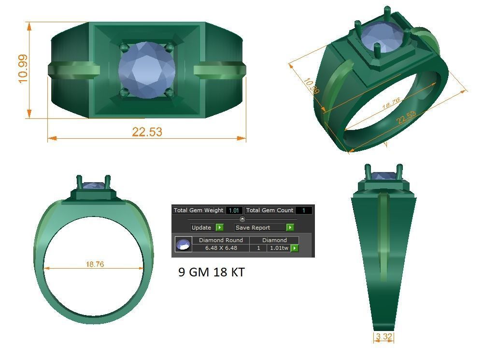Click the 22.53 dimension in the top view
click(147, 131)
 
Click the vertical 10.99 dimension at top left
click(22, 69)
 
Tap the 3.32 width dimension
click(384, 337)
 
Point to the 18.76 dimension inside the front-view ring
click(95, 264)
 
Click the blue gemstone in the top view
click(146, 70)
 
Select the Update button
click(201, 228)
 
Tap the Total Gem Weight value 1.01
click(234, 210)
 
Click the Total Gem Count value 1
click(303, 210)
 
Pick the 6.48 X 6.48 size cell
click(221, 248)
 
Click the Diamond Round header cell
click(221, 240)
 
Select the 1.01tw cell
click(279, 248)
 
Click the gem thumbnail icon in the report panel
click(183, 245)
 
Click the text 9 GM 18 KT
click(211, 273)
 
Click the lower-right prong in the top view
click(169, 92)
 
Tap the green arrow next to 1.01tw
click(295, 248)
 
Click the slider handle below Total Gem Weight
click(242, 219)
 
